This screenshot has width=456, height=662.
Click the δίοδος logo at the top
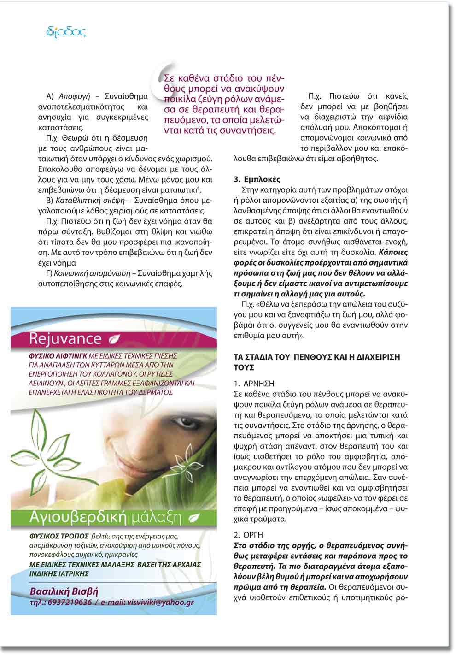pos(66,32)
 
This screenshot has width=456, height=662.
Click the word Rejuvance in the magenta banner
pos(65,338)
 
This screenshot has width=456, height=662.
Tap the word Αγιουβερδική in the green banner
pos(77,517)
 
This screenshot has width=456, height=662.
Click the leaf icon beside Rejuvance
pos(113,339)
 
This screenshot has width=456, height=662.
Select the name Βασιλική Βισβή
pos(64,591)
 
